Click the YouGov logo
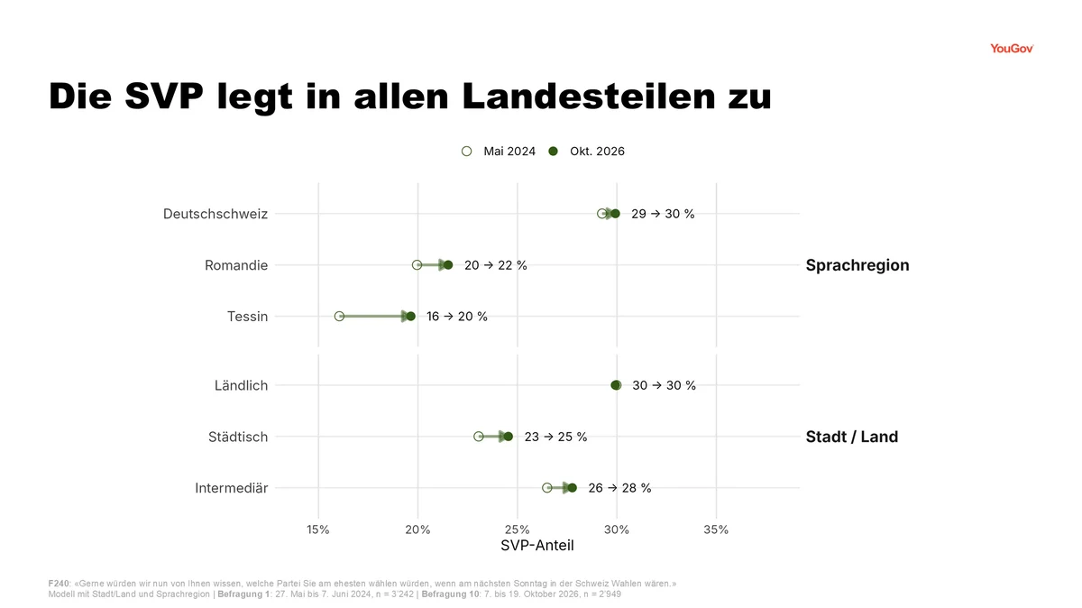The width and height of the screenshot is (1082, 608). pyautogui.click(x=1012, y=49)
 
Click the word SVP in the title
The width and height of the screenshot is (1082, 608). pyautogui.click(x=164, y=97)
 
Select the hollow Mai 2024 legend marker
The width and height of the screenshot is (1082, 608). pyautogui.click(x=467, y=152)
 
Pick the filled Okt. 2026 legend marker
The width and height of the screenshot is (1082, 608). pyautogui.click(x=553, y=152)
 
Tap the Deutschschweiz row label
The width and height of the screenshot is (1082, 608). pyautogui.click(x=215, y=214)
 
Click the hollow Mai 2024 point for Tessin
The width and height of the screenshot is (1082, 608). pyautogui.click(x=339, y=316)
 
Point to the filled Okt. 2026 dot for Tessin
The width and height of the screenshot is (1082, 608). pyautogui.click(x=410, y=316)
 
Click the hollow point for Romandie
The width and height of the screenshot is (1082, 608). pyautogui.click(x=417, y=265)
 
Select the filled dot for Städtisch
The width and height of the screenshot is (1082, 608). pyautogui.click(x=509, y=437)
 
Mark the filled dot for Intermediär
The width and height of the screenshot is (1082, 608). pyautogui.click(x=572, y=488)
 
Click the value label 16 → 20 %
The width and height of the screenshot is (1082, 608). pyautogui.click(x=457, y=317)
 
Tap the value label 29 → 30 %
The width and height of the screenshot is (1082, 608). pyautogui.click(x=663, y=214)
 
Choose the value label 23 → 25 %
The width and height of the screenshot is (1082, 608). pyautogui.click(x=556, y=437)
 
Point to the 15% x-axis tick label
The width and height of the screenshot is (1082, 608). pyautogui.click(x=317, y=530)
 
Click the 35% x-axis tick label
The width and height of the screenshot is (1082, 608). pyautogui.click(x=716, y=530)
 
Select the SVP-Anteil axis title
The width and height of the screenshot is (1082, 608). pyautogui.click(x=537, y=545)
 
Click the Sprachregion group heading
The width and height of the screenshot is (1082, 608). pyautogui.click(x=857, y=265)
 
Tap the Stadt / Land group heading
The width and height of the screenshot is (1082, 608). pyautogui.click(x=852, y=437)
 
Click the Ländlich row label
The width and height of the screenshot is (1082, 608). pyautogui.click(x=241, y=385)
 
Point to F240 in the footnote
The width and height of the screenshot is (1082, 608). pyautogui.click(x=59, y=584)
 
